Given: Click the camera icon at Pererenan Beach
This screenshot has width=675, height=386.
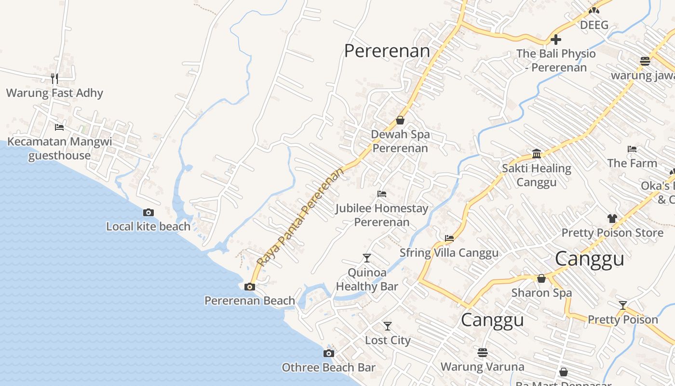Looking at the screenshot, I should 249,287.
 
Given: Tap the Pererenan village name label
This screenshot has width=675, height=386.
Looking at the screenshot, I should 387,51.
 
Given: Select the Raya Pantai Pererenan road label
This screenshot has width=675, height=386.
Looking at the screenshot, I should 301,217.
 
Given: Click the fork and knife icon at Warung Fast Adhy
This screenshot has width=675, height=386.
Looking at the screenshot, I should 54,78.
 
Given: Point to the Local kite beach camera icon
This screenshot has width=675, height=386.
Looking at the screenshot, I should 148,212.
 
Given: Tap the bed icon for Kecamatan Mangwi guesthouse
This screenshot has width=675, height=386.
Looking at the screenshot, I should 59,127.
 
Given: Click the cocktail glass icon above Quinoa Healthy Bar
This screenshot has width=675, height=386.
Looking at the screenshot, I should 367,258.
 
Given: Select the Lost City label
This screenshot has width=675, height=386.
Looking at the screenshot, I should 388,340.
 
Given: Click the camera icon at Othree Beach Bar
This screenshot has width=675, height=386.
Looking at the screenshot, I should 329,353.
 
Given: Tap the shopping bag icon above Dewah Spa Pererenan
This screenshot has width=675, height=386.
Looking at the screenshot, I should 400,120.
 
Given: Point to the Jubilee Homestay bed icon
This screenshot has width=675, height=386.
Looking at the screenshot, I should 382,194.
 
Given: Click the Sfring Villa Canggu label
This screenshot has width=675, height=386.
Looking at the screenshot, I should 449,253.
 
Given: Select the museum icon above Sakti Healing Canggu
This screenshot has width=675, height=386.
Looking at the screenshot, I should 537,154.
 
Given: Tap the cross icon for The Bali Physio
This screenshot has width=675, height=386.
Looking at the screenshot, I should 556,40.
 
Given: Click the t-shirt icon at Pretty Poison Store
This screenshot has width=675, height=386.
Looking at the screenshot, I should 612,219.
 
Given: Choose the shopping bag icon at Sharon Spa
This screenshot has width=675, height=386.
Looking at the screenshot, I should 541,278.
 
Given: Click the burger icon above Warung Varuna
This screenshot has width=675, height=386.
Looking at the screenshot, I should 483,353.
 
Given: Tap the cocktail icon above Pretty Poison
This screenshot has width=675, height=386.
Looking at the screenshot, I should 623,305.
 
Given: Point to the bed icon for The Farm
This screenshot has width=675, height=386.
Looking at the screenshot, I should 632,149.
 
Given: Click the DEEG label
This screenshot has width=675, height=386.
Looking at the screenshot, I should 594,25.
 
